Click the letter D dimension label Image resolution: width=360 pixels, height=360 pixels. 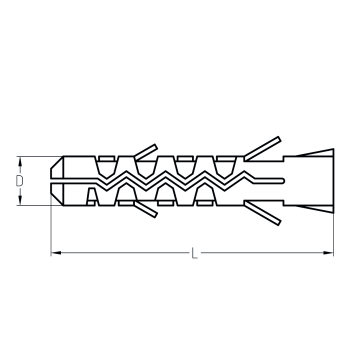[x=20, y=181]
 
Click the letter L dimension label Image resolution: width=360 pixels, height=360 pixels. [x=195, y=253]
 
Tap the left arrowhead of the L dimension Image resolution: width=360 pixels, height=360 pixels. [x=56, y=253]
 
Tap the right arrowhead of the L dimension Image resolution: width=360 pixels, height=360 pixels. [x=328, y=253]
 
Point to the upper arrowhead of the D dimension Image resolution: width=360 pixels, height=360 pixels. [x=20, y=162]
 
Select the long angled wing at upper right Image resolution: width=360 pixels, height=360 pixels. [x=262, y=148]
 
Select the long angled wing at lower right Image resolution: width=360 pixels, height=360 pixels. [x=262, y=213]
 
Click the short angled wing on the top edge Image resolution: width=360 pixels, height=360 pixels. [x=146, y=152]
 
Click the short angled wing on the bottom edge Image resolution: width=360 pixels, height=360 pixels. [x=146, y=209]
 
